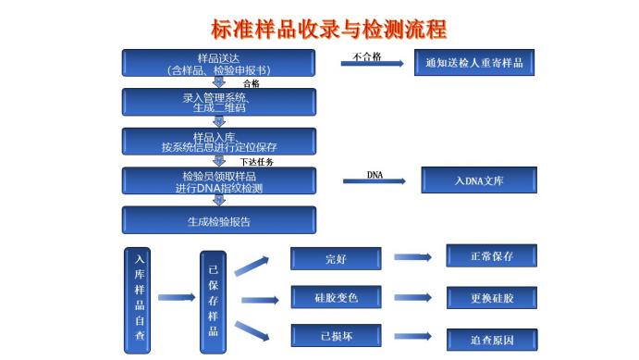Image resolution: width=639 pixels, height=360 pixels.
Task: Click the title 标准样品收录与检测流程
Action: click(328, 29)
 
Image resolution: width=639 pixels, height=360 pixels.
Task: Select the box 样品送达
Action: click(219, 63)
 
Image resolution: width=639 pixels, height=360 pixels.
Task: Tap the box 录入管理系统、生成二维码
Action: click(219, 102)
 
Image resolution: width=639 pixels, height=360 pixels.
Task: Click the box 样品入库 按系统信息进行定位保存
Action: click(219, 141)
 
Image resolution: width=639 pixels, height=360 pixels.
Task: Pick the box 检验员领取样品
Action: click(219, 181)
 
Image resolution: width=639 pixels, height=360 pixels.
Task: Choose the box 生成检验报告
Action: click(219, 221)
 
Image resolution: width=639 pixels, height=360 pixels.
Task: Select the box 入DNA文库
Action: click(478, 180)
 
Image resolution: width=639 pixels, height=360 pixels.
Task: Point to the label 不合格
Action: click(367, 56)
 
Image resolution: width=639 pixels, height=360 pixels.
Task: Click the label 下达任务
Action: click(257, 161)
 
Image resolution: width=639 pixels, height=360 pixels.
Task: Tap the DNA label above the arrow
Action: click(375, 173)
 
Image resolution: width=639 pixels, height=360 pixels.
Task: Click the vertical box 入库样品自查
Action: click(140, 301)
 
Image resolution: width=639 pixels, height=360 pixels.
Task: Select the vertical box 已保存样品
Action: click(214, 301)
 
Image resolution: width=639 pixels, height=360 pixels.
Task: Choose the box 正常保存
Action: click(491, 256)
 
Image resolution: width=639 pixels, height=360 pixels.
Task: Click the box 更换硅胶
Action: click(491, 298)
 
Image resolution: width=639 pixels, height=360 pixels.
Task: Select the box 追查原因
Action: click(491, 340)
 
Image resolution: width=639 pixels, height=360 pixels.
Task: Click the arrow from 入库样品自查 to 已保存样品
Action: click(177, 297)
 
